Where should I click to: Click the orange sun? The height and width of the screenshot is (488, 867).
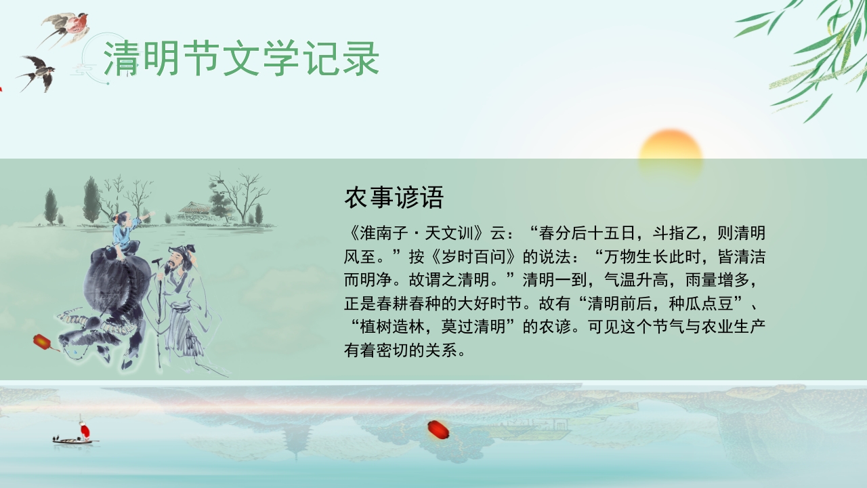click(670, 155)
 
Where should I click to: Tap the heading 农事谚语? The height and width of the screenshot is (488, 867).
click(394, 198)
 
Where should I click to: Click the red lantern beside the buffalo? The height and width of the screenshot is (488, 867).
click(42, 342)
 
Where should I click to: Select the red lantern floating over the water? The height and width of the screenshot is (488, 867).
click(437, 428)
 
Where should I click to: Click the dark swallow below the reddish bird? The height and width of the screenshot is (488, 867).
click(39, 70)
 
